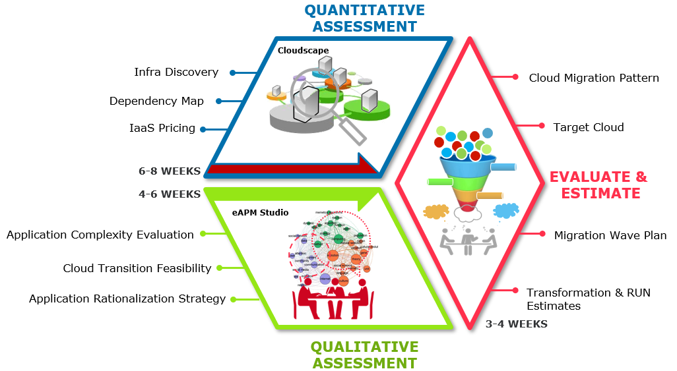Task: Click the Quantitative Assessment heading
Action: point(364,18)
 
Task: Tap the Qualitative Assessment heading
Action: point(364,355)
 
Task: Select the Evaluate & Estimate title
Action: point(598,185)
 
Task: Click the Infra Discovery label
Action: point(176,72)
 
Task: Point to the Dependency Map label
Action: point(156,101)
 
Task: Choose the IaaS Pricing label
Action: point(162,128)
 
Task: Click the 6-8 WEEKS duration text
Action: point(169,171)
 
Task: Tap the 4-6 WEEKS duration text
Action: point(169,194)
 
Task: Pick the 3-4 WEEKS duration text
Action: point(516,324)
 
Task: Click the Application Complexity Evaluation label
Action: point(100,235)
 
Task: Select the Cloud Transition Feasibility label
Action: point(137,268)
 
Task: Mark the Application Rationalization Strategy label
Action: point(127,299)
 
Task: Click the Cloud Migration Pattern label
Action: point(594,78)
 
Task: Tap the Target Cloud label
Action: point(589,127)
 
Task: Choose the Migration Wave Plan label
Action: point(610,235)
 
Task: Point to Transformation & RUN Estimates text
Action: point(588,299)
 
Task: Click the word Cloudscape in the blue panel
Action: point(303,50)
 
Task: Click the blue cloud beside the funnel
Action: point(505,211)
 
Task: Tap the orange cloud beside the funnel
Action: point(436,212)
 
